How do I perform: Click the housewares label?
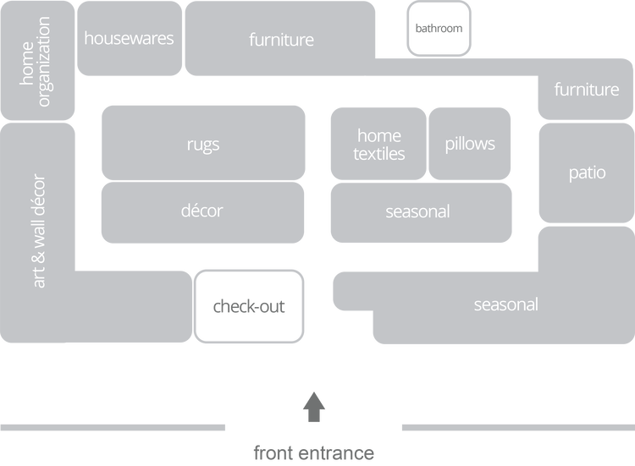(129, 38)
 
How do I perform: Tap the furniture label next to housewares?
(281, 39)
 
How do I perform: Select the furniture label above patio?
(586, 89)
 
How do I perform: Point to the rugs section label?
(203, 144)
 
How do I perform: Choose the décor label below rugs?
(202, 210)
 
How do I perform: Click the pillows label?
(470, 143)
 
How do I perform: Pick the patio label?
(587, 173)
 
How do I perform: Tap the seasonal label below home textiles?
(417, 211)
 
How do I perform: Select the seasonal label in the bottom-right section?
(505, 304)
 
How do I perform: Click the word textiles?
(379, 154)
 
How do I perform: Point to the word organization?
(45, 62)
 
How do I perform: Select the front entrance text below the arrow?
(314, 452)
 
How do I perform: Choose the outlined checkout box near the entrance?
(249, 306)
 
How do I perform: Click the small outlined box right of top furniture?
(439, 28)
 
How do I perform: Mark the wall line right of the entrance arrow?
(516, 427)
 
